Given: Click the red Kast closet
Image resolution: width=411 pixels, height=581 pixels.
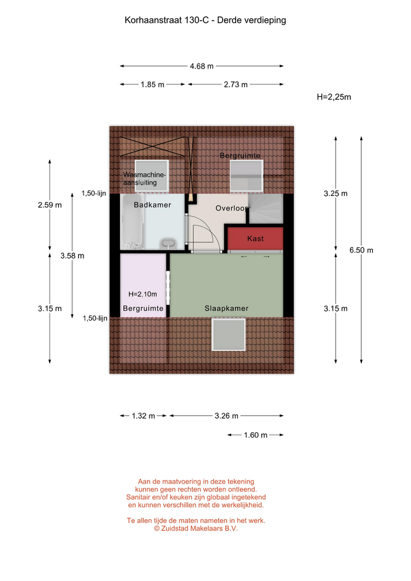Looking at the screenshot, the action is tap(255, 238).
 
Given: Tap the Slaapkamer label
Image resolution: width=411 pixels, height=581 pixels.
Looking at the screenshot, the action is tap(226, 308).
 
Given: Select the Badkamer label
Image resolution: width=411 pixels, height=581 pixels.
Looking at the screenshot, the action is tap(153, 205).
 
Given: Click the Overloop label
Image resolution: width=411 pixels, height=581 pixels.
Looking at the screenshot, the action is tap(232, 208).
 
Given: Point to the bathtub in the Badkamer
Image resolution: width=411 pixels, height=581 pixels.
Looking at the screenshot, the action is tap(132, 222).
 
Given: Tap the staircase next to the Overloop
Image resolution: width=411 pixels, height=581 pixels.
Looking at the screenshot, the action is tap(266, 209).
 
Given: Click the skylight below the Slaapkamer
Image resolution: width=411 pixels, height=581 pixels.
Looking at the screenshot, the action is tap(229, 335).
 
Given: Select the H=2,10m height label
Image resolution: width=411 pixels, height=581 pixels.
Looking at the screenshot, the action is tap(143, 294).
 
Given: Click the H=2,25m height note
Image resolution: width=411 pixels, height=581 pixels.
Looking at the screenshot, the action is tap(334, 97).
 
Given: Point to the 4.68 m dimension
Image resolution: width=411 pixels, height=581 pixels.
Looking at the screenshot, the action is tap(202, 67).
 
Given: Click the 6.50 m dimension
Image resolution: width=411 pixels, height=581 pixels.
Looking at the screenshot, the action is tap(361, 250).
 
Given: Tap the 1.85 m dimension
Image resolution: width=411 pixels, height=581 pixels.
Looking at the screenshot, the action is tap(153, 85).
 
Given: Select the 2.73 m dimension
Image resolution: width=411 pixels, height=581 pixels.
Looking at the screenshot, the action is tap(235, 85).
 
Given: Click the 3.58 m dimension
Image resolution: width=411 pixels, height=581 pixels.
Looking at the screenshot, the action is tap(72, 255).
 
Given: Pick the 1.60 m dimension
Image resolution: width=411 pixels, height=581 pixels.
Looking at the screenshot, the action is tap(255, 435).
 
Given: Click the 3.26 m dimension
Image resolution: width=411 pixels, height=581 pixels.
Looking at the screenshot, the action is tap(226, 416).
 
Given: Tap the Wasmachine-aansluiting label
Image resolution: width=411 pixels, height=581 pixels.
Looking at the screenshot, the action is tap(145, 179).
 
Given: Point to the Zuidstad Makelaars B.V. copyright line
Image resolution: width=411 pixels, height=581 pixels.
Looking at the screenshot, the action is tap(196, 528).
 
